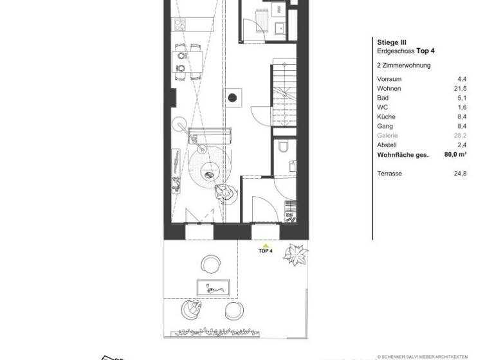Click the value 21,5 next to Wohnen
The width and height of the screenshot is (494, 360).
point(461,87)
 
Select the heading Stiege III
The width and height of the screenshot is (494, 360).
point(390,41)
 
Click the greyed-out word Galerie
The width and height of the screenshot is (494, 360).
point(387,136)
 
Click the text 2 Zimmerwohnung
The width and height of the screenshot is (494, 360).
point(403,65)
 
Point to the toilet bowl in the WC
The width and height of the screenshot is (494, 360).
point(282,148)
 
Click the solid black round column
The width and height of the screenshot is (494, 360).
point(231,98)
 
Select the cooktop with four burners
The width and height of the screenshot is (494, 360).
point(181,25)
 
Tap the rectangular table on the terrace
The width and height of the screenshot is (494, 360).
point(214,287)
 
